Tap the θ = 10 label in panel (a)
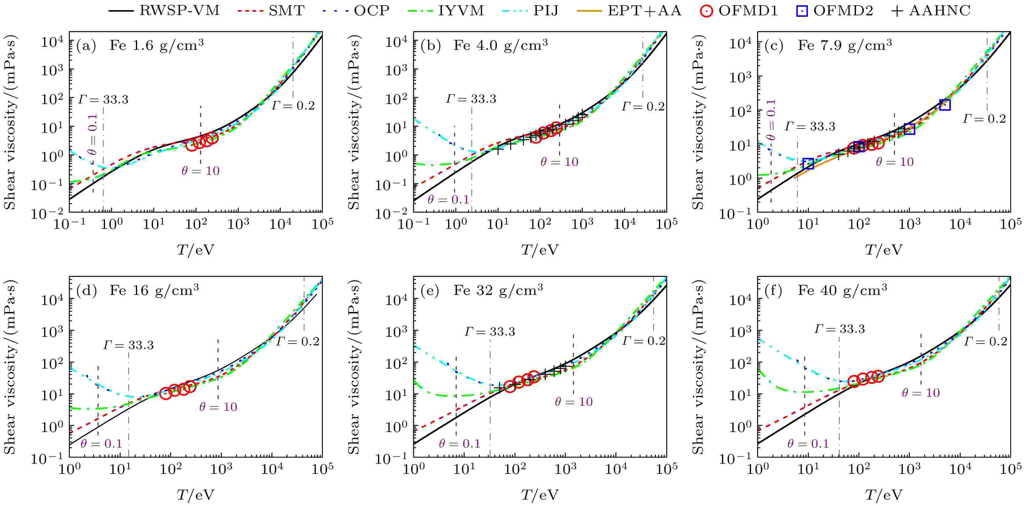(x=200, y=171)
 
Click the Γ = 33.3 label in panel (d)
(x=129, y=345)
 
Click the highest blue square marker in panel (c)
(x=945, y=105)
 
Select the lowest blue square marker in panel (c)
(x=808, y=164)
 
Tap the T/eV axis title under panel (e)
(x=540, y=495)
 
